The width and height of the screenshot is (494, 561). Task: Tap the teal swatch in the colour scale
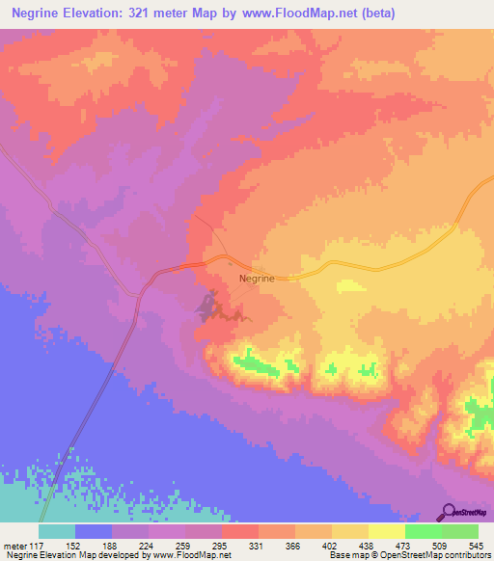tap(57, 531)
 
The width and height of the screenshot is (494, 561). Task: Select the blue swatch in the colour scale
tap(94, 531)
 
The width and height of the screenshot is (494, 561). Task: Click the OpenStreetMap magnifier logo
tap(448, 513)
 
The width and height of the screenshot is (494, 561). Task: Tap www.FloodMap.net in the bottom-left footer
tap(194, 556)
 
